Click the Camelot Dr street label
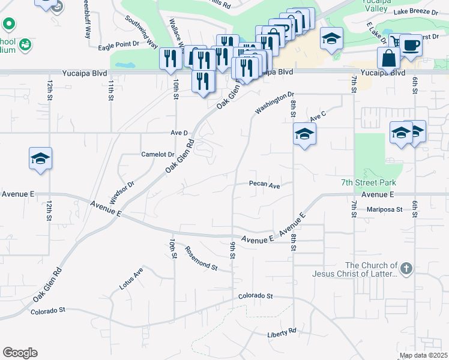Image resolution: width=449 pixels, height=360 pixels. [157, 154]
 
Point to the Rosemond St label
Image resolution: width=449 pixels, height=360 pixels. [200, 257]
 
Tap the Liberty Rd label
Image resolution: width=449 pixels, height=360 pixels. [283, 331]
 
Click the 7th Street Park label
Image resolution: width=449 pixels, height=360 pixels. [369, 182]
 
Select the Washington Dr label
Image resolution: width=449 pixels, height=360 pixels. [274, 103]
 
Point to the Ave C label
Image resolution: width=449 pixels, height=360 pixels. [318, 115]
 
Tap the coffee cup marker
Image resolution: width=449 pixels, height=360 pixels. [411, 46]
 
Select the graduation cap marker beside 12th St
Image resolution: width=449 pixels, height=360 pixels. [40, 159]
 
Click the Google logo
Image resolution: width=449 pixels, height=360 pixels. [20, 353]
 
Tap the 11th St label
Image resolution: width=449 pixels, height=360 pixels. [111, 91]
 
